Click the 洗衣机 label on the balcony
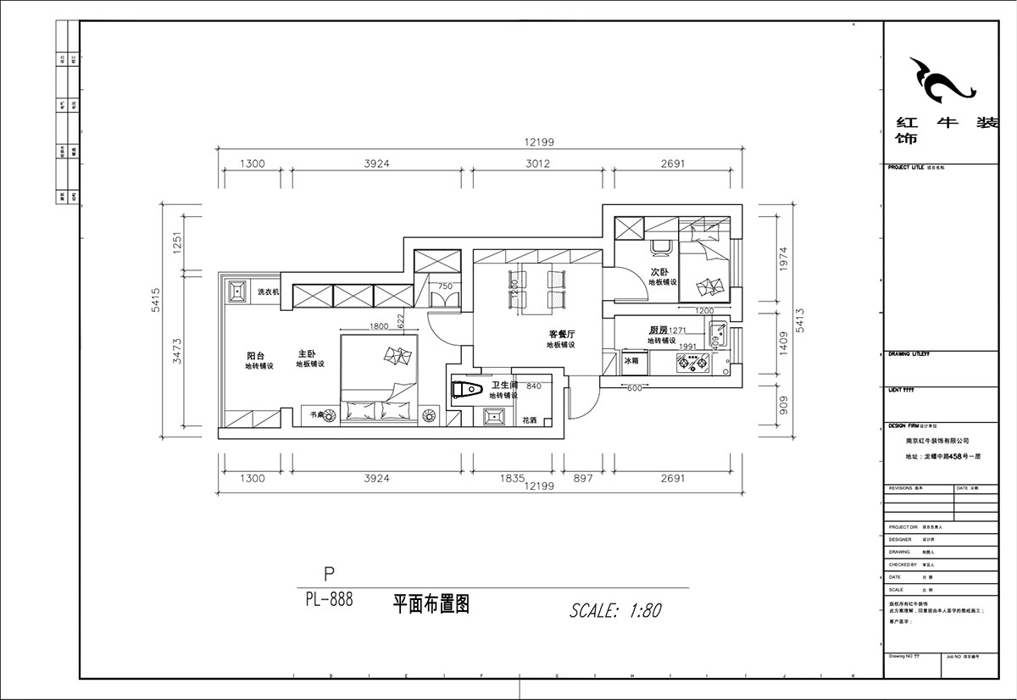[269, 292]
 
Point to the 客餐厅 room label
[562, 334]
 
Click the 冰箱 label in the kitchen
[631, 361]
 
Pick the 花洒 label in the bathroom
[530, 419]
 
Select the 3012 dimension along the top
[536, 164]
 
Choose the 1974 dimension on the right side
[783, 259]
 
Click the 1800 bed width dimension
[379, 326]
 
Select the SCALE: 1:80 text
[616, 610]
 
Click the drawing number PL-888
[329, 601]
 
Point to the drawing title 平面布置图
[431, 604]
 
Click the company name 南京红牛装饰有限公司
[937, 442]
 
